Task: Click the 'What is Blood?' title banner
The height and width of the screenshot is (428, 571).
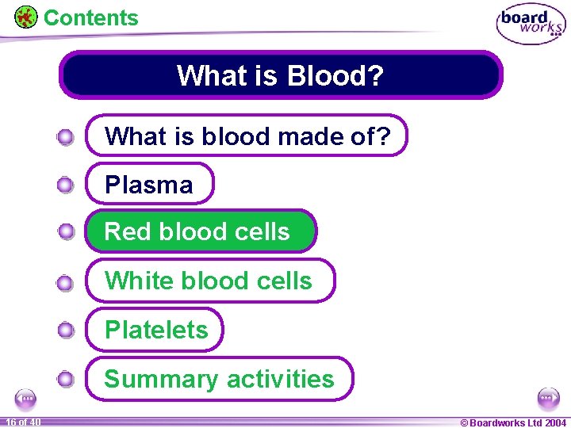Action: (281, 75)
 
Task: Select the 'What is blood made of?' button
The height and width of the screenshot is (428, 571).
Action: (247, 136)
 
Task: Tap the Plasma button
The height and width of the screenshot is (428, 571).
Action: (150, 185)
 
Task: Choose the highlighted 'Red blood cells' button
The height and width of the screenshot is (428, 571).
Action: (201, 231)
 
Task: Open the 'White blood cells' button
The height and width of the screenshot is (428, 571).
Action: (210, 281)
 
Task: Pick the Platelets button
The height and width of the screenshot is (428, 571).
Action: (155, 330)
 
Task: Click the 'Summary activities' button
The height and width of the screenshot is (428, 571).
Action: (220, 379)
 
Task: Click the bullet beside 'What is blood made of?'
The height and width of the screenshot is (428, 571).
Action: (66, 137)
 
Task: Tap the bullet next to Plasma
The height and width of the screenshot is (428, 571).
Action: (66, 185)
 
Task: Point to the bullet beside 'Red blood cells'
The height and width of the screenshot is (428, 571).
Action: (66, 232)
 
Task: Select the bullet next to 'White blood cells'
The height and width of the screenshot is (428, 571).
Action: (66, 281)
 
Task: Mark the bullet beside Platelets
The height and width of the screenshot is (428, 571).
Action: (66, 331)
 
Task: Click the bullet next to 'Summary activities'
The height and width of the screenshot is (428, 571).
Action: (66, 380)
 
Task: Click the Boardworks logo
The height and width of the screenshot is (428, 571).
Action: (531, 25)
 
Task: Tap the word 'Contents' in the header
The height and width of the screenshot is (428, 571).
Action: (90, 17)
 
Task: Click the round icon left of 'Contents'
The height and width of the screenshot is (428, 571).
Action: (26, 17)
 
